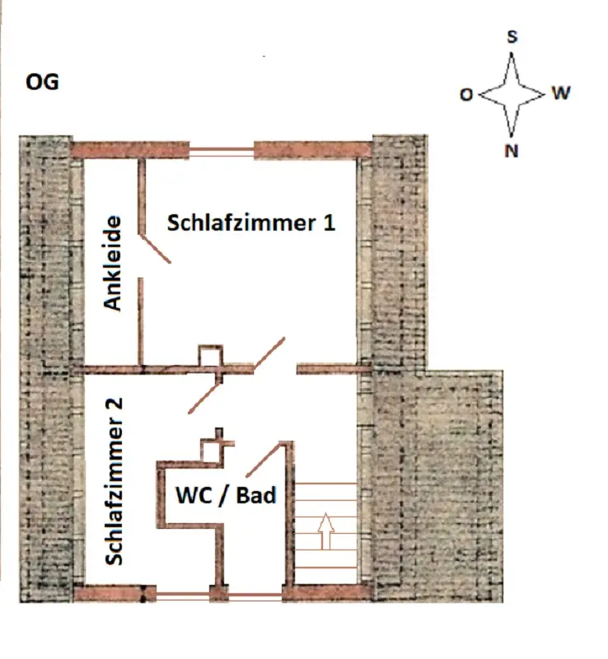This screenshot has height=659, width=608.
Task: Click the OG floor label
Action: [42, 82]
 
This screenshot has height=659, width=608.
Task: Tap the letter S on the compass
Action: [512, 37]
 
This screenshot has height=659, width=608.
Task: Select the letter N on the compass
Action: [512, 151]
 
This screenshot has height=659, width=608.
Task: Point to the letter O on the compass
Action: [466, 95]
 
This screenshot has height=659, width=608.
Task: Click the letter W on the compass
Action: [561, 93]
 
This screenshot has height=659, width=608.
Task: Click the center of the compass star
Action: [512, 94]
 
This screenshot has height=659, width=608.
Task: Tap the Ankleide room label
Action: [113, 264]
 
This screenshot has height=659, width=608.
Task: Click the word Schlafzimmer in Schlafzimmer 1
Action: [241, 222]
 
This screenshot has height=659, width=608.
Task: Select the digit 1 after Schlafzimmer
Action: [330, 222]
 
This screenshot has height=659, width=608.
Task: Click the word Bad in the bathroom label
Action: [256, 495]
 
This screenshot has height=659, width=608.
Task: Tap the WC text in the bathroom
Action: [194, 495]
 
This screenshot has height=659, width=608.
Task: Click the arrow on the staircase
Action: [326, 530]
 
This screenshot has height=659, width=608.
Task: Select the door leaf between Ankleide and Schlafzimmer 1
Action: [155, 250]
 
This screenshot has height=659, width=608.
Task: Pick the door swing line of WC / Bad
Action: [262, 460]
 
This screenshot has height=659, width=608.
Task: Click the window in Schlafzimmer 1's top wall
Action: [222, 152]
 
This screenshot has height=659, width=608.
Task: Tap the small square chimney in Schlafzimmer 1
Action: [211, 356]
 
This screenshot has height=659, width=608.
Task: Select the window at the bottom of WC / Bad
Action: [255, 595]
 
